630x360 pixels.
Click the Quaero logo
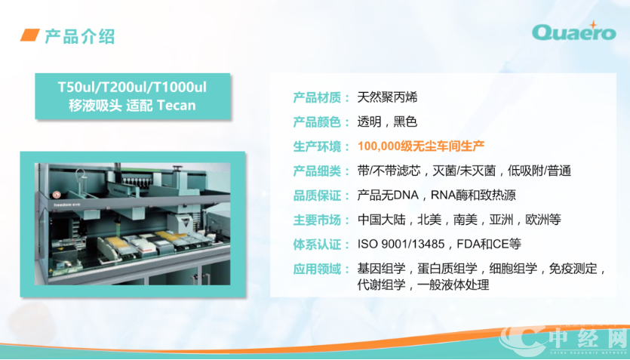573,32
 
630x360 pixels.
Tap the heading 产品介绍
79,36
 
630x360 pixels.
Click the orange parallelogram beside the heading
29,35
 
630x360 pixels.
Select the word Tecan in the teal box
177,105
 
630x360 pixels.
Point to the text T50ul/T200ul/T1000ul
132,88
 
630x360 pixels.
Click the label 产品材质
317,97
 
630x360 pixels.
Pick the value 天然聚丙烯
387,97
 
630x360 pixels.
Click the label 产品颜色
317,122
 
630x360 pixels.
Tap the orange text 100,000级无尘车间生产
421,146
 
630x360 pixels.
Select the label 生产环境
317,146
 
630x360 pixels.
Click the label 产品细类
317,171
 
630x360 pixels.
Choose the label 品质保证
317,195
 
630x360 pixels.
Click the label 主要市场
317,220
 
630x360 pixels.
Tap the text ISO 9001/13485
401,244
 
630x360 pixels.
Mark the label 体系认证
317,245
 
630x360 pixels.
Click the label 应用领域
317,269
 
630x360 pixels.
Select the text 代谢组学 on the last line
381,285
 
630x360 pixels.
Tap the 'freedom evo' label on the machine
67,205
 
